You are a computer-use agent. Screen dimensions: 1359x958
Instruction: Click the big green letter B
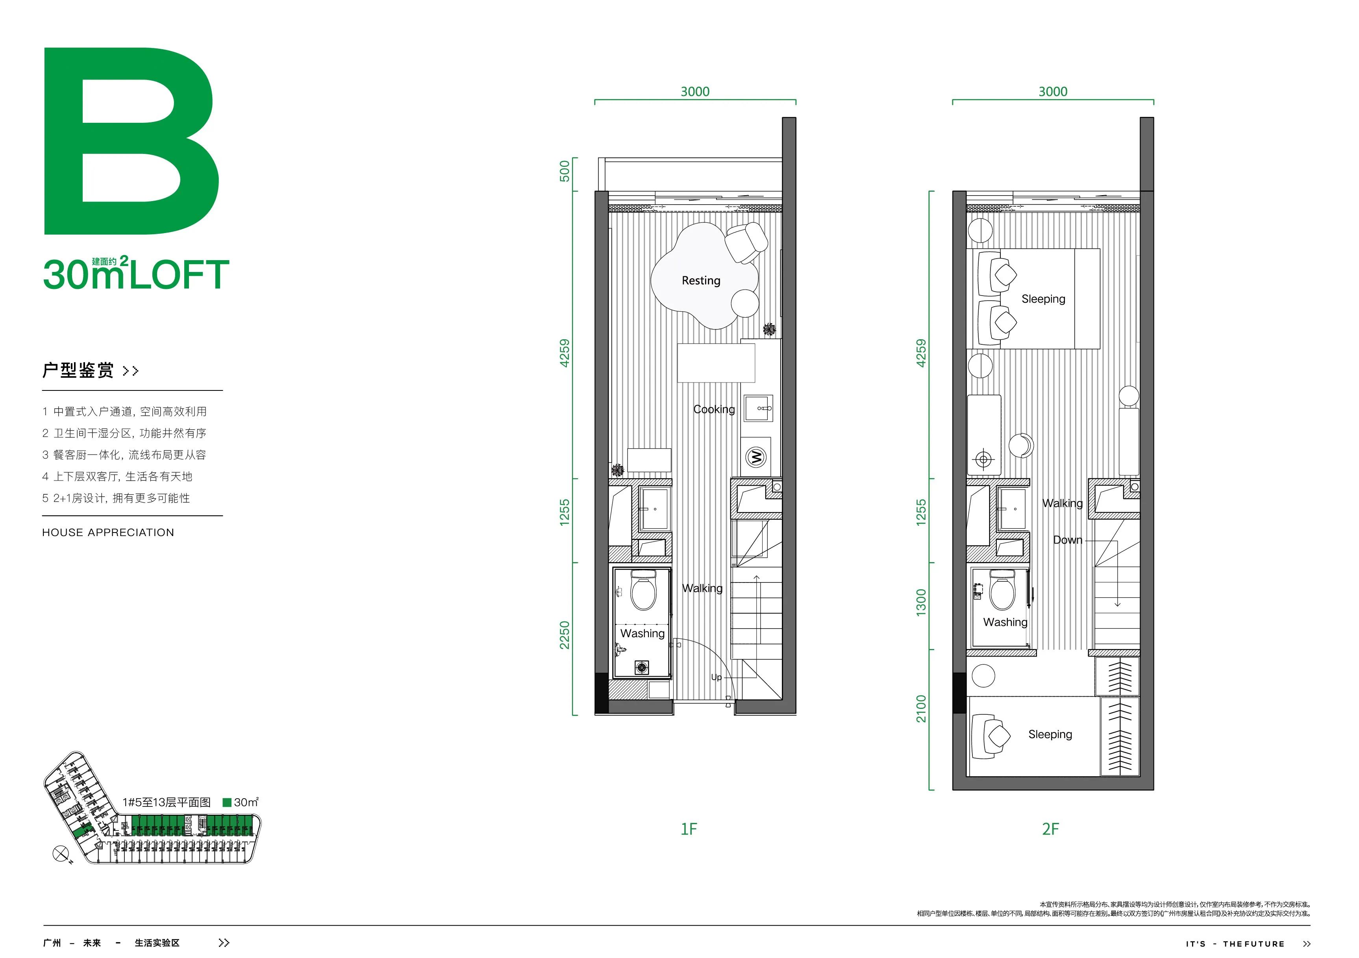[131, 141]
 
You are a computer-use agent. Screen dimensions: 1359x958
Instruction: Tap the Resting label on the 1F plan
[701, 281]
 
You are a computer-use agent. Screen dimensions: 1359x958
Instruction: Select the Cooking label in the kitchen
[714, 409]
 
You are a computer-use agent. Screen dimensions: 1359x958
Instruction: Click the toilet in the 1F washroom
[643, 589]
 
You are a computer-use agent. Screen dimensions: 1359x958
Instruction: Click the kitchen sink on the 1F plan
[758, 408]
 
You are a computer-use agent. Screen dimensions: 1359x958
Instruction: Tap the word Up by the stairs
[716, 677]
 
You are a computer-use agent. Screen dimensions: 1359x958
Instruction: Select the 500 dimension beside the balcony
[565, 171]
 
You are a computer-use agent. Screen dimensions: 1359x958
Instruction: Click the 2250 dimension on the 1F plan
[565, 635]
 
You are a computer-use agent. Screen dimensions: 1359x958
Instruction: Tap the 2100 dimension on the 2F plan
[921, 709]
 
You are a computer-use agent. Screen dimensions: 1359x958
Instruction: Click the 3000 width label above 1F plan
[695, 92]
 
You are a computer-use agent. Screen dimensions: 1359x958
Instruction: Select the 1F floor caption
[689, 829]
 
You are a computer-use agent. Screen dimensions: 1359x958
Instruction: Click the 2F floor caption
[1051, 829]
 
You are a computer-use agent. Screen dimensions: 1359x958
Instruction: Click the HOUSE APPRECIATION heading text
[108, 533]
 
